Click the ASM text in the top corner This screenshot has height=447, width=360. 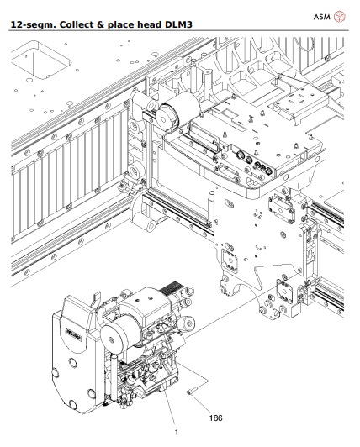coord(321,15)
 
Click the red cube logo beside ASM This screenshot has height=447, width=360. coord(341,15)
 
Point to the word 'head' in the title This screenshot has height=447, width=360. coord(150,26)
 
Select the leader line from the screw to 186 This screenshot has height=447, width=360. coord(203,399)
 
